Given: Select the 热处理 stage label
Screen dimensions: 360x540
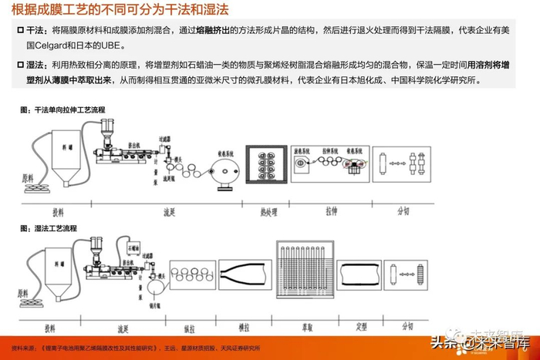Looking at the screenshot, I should tap(269, 210).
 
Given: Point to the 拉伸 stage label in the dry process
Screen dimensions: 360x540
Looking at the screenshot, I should tap(332, 210).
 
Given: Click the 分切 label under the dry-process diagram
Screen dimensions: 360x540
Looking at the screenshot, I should tap(403, 210).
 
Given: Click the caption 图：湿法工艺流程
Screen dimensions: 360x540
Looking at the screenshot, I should tap(49, 228).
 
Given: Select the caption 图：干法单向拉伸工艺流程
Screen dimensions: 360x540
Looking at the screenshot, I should tap(62, 111).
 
